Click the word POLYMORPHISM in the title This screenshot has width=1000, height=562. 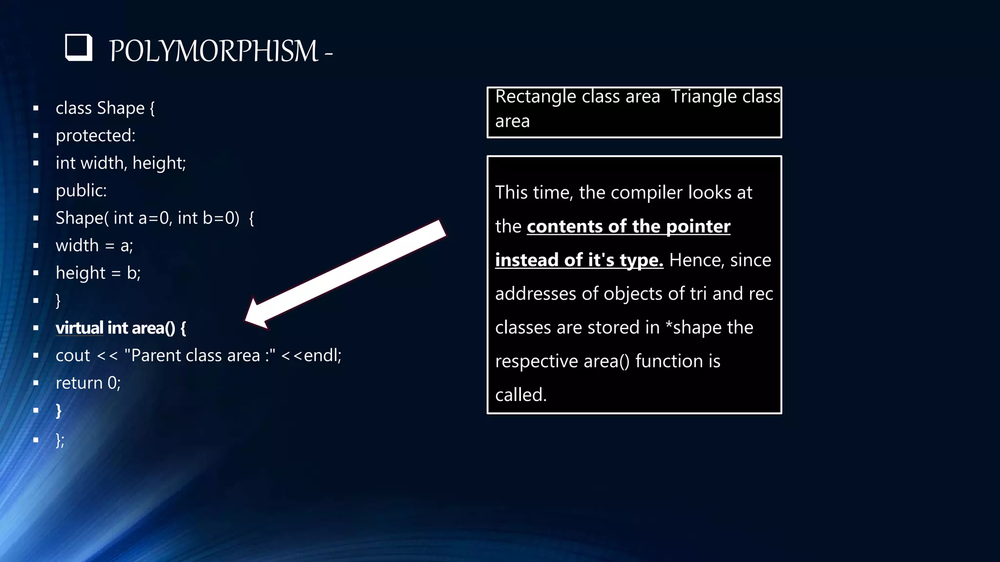213,51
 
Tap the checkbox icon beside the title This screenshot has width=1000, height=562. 79,47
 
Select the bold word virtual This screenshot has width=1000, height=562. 79,328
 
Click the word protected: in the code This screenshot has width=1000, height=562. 95,136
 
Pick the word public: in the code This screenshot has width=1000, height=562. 81,190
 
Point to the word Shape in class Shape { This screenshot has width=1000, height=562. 121,108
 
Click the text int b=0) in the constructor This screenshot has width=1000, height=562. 208,218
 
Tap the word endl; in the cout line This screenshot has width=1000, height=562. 322,355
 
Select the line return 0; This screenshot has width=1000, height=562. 88,383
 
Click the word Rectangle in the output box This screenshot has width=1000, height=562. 535,97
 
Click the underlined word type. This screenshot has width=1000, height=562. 641,260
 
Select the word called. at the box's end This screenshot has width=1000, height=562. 521,395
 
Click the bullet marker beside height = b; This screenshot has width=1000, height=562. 36,273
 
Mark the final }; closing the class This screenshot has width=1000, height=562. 60,440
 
